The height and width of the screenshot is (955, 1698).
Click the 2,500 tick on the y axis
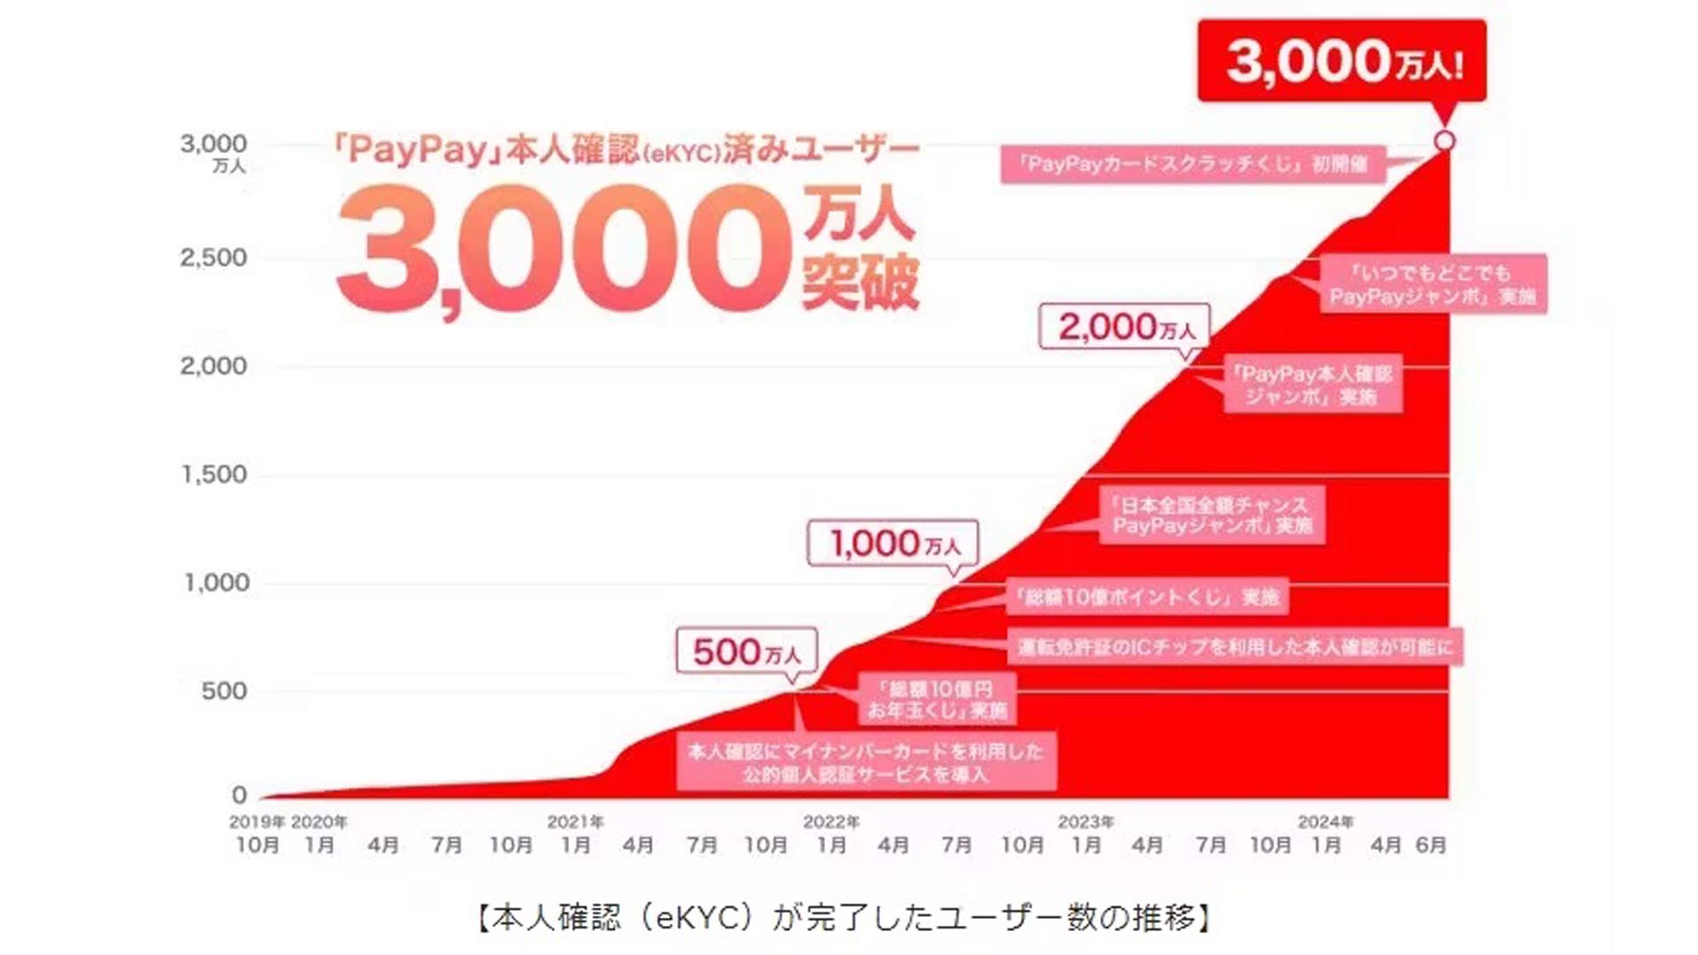point(213,258)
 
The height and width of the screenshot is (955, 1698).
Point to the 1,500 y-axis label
point(214,475)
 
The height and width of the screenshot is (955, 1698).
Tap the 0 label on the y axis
point(239,795)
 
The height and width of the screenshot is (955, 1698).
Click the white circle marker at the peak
point(1444,141)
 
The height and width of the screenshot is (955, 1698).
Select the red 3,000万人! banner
point(1342,61)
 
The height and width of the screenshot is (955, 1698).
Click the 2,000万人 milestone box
point(1124,327)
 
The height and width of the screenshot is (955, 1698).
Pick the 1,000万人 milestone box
point(893,543)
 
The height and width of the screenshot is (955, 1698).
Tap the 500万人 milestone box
point(746,652)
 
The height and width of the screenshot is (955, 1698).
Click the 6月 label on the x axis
point(1430,845)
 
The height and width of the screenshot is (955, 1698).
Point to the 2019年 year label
point(256,822)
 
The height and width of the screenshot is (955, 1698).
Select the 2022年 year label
point(830,822)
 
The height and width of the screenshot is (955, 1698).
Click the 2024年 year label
point(1325,822)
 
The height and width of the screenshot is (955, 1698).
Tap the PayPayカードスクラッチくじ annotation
point(1192,164)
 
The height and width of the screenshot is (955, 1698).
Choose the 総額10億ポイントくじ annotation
point(1147,597)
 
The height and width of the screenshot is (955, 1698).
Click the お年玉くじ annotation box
point(937,699)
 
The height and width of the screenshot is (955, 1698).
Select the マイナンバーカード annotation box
point(866,762)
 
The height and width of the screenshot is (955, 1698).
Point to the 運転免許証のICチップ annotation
point(1235,647)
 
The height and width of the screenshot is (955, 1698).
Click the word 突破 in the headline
point(860,281)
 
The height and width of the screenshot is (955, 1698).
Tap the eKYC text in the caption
point(697,918)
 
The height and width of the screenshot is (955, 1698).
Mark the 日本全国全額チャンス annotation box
point(1212,516)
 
